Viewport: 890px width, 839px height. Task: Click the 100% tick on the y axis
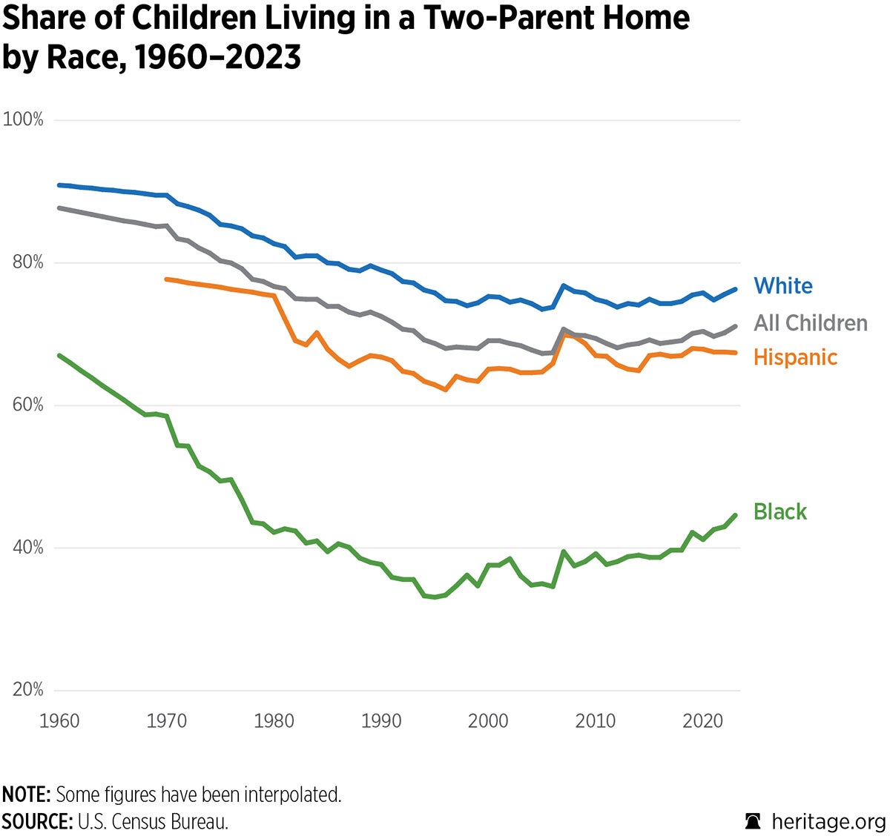(x=24, y=119)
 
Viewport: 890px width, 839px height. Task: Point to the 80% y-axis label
(x=27, y=262)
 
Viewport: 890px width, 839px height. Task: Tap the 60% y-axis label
(x=27, y=405)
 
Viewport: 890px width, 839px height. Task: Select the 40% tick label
(x=27, y=548)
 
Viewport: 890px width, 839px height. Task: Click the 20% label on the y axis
(x=27, y=689)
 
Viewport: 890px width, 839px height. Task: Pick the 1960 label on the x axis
(x=59, y=720)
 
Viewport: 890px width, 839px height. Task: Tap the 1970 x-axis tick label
(x=166, y=720)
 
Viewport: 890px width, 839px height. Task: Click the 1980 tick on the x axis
(x=274, y=720)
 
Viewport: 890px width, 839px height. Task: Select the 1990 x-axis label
(x=380, y=720)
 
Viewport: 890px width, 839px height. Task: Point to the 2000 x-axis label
(x=488, y=720)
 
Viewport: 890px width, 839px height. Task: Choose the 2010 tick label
(x=595, y=720)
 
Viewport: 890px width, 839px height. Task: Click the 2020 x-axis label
(x=702, y=720)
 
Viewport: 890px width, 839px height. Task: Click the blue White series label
(x=782, y=286)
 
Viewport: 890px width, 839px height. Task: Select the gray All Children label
(x=810, y=323)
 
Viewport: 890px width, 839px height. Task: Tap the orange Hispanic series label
(x=795, y=357)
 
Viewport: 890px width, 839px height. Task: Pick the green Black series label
(x=779, y=512)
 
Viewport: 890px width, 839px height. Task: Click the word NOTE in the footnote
(x=25, y=795)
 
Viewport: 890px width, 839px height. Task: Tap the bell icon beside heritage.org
(x=753, y=821)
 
